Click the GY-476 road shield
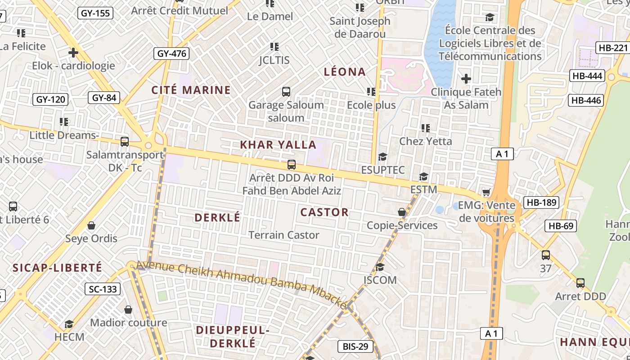click(x=171, y=54)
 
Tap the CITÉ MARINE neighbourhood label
click(x=191, y=90)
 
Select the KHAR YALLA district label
click(x=278, y=145)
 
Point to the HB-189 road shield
click(x=542, y=202)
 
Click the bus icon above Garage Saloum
click(x=286, y=92)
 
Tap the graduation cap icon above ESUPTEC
click(x=382, y=157)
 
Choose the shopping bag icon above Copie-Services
click(x=402, y=212)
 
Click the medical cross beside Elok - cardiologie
click(x=73, y=53)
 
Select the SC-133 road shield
click(x=103, y=289)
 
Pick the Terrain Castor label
click(x=284, y=235)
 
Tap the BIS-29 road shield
click(x=355, y=346)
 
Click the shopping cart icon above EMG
click(x=486, y=193)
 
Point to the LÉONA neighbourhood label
click(x=345, y=72)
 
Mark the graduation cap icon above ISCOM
click(x=380, y=267)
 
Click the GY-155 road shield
click(x=95, y=13)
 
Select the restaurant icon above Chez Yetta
click(x=426, y=128)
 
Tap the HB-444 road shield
click(x=587, y=76)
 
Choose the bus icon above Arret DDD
click(x=580, y=283)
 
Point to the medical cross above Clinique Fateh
click(x=466, y=79)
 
